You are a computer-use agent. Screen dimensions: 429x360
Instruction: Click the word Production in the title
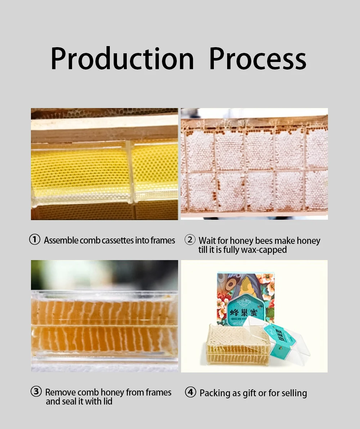point(122,59)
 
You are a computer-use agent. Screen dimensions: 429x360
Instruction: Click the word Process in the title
point(257,59)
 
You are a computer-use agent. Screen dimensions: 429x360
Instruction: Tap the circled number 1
point(35,240)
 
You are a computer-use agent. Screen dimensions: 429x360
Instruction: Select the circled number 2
point(190,240)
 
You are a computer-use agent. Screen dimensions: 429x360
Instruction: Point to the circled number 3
point(36,392)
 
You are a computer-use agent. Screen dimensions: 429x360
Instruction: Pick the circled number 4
point(190,392)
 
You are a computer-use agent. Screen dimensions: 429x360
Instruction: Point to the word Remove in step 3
point(60,392)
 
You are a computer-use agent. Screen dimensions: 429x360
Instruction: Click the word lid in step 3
point(108,401)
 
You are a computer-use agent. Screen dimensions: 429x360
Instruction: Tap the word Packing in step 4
point(215,393)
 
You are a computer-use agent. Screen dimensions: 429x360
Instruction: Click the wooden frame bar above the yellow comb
point(104,130)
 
